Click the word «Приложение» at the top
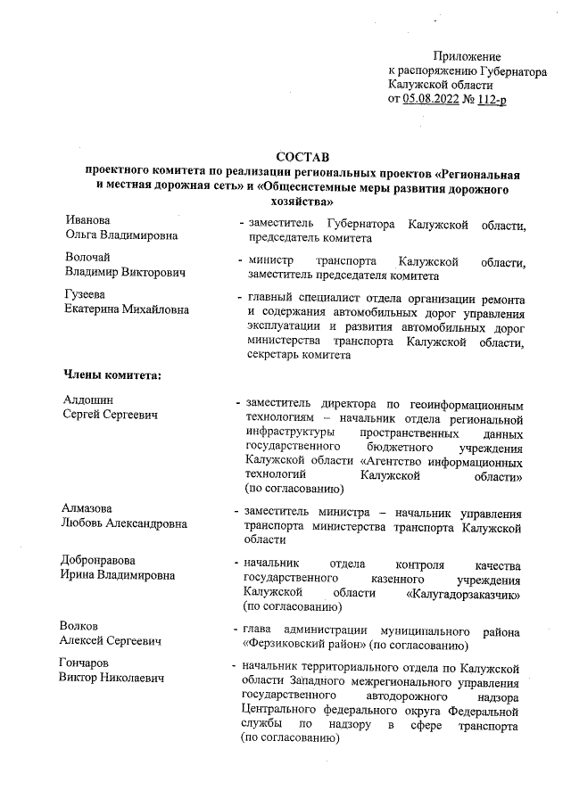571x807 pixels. click(467, 56)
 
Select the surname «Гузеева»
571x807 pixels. click(86, 295)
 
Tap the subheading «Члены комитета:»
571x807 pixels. click(112, 373)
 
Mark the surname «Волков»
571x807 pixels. click(83, 625)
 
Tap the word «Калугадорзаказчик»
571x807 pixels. click(465, 593)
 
